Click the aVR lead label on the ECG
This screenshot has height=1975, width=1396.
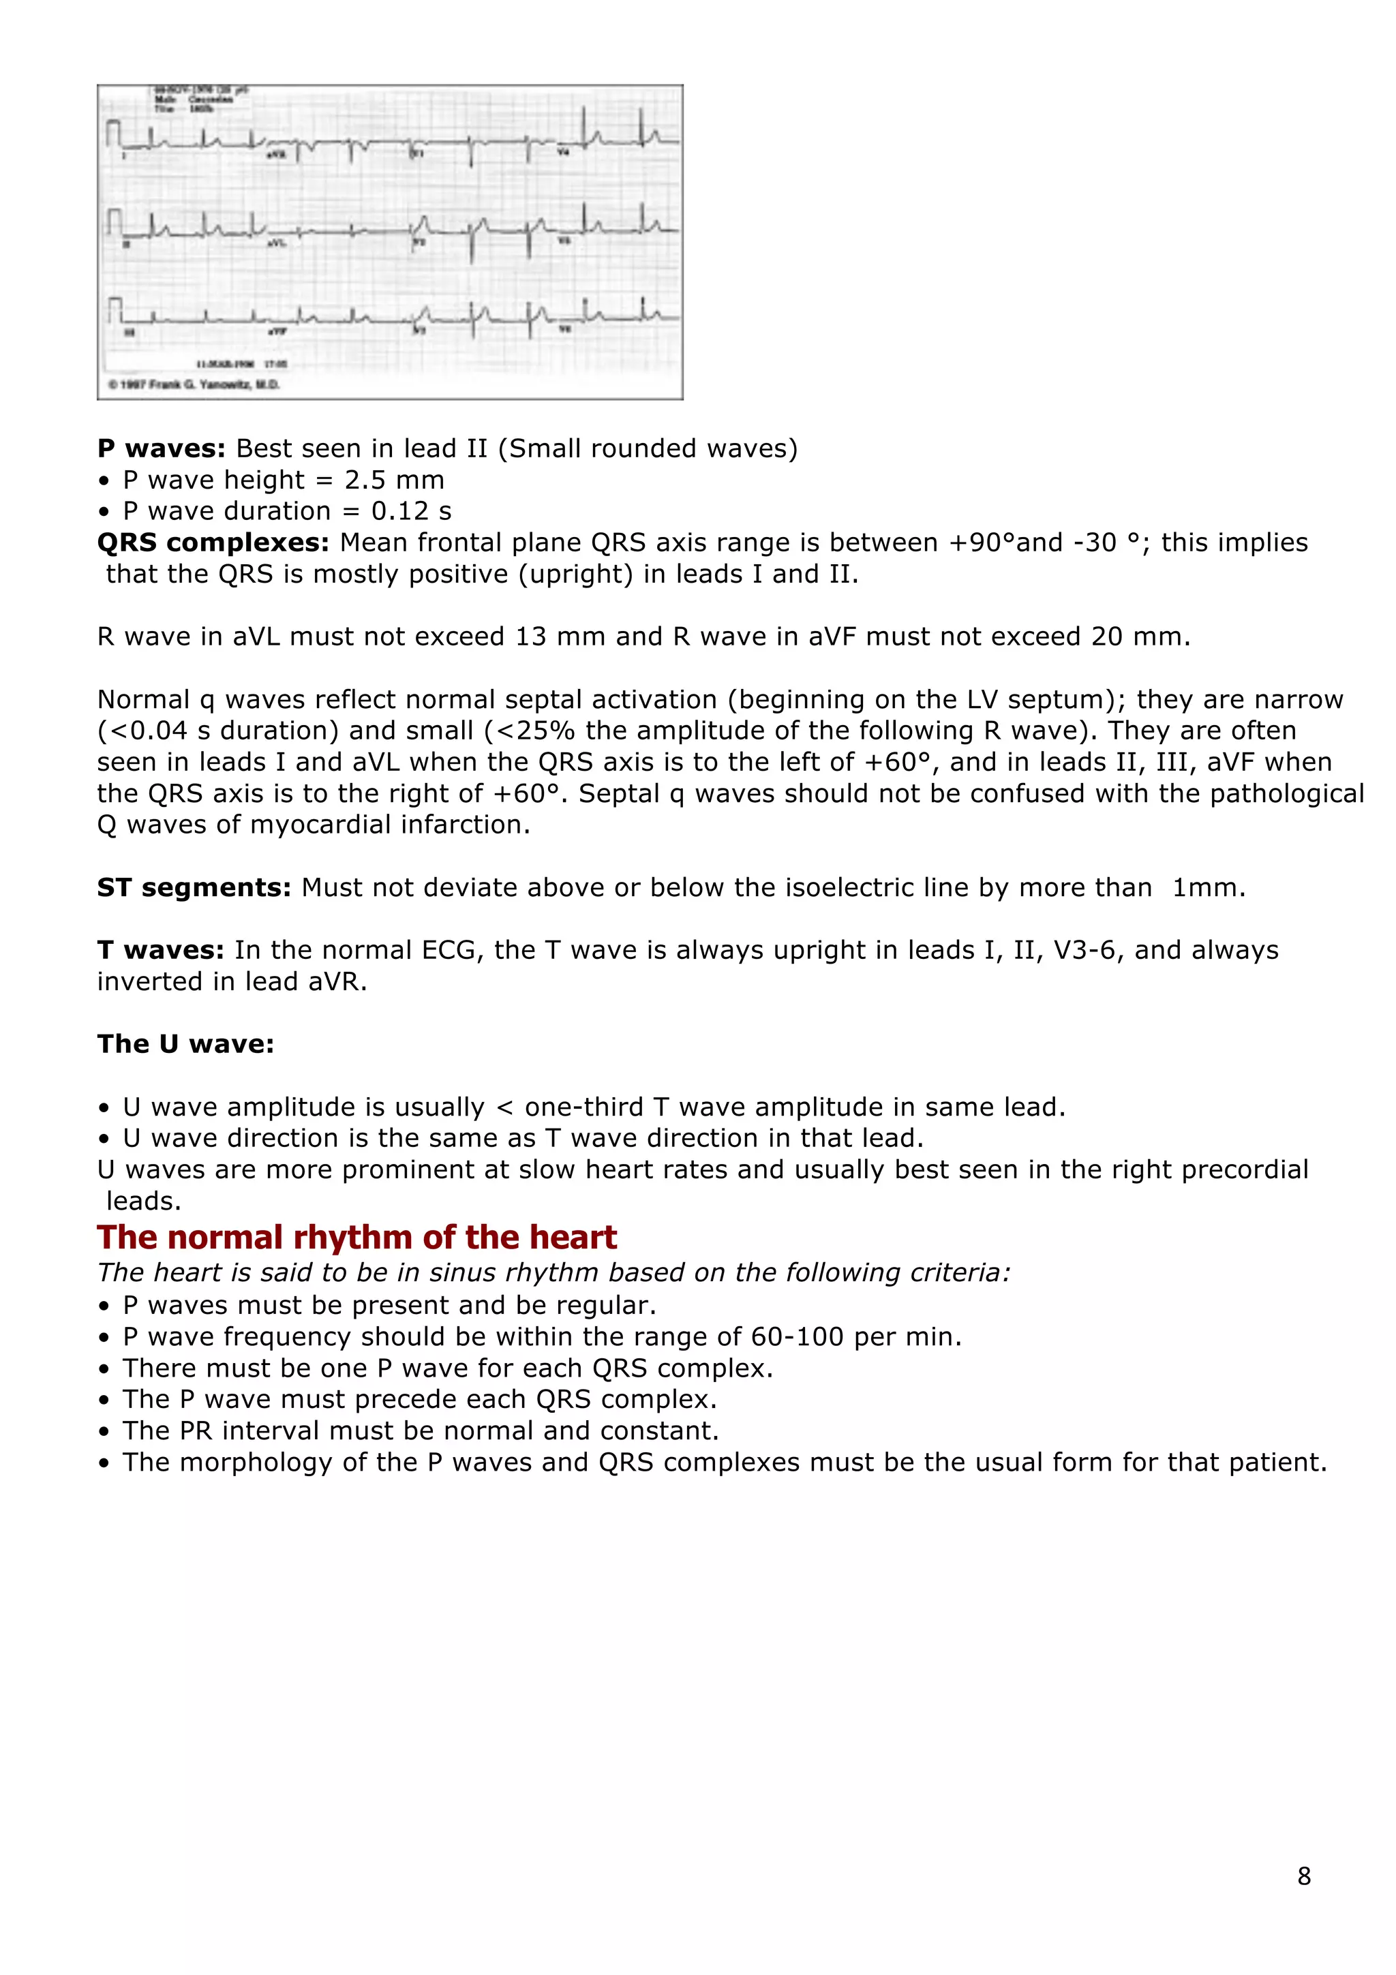coord(277,154)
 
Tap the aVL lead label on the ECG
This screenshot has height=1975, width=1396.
coord(276,243)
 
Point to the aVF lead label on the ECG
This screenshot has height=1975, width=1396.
coord(277,331)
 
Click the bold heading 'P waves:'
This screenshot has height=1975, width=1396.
coord(161,448)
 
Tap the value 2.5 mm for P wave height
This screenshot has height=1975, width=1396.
coord(394,480)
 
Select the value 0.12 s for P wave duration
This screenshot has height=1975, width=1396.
coord(410,511)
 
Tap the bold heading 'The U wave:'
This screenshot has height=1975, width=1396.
coord(185,1043)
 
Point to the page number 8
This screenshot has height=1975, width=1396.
coord(1304,1876)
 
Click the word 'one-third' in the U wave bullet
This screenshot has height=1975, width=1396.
coord(584,1107)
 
